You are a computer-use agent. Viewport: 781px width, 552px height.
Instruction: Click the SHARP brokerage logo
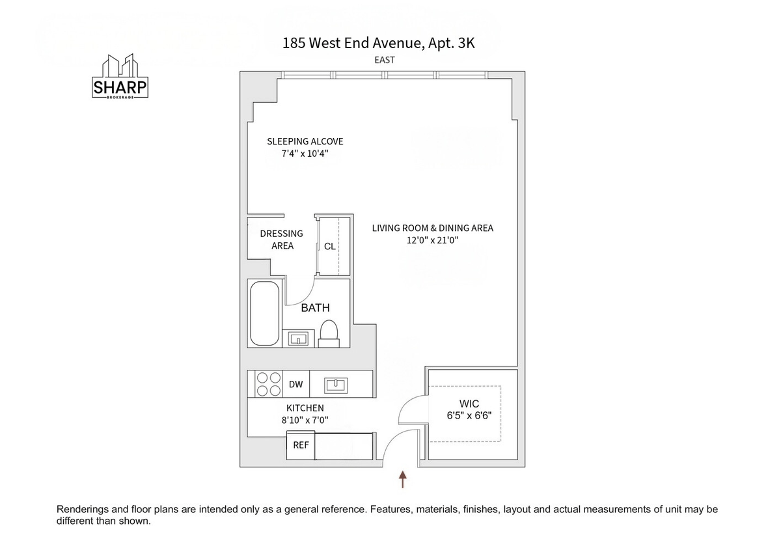120,76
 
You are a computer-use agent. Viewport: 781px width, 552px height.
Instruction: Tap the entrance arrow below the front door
403,479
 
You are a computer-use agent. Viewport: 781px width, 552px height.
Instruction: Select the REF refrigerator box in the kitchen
301,445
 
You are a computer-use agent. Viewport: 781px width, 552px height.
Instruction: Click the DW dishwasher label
295,384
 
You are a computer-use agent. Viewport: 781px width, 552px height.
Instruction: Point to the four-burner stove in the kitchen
268,384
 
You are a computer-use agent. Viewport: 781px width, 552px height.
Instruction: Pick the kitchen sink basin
336,385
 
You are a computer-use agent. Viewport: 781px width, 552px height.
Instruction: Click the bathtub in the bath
265,313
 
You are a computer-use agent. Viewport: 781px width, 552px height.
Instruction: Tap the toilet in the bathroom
329,334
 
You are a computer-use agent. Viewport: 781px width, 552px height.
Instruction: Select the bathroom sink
298,338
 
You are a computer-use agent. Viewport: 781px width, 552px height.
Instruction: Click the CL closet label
330,246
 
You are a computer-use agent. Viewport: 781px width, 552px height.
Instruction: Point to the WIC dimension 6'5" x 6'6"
469,416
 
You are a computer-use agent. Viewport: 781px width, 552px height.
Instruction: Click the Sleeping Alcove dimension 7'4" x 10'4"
305,154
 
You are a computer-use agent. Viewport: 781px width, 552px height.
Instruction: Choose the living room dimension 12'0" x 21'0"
432,240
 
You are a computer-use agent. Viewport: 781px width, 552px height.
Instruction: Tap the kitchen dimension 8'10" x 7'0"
305,421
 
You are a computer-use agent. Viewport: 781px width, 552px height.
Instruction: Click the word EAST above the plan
385,61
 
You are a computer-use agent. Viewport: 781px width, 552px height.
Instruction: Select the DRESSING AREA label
282,240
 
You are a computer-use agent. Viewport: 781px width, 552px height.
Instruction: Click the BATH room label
315,307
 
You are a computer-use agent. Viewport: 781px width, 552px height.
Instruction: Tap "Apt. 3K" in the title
451,43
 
